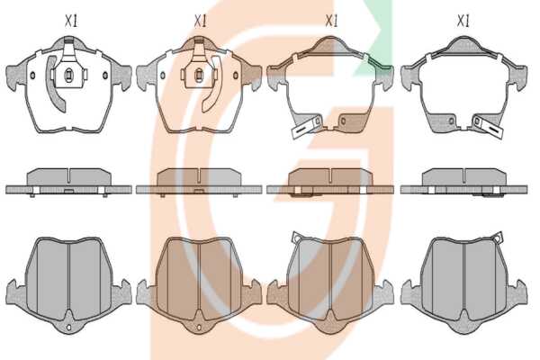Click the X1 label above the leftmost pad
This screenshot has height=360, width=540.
tap(71, 22)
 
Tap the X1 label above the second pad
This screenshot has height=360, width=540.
tap(200, 22)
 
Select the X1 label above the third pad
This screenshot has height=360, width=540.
tap(331, 22)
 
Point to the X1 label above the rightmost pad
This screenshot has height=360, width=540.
tap(463, 22)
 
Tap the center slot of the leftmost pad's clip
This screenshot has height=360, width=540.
tap(69, 75)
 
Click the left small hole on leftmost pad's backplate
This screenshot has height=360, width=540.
tap(32, 75)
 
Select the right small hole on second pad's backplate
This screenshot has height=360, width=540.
tap(236, 76)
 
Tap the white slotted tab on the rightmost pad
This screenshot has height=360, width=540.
tap(489, 127)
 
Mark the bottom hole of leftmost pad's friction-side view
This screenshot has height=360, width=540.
tap(69, 327)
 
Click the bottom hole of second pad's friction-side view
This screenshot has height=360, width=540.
tap(198, 327)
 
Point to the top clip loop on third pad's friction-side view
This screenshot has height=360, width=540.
tap(296, 237)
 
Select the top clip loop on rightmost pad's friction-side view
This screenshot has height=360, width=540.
tap(498, 237)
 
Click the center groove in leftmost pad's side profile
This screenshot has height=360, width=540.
tap(69, 175)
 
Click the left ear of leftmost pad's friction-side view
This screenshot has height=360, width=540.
tap(15, 292)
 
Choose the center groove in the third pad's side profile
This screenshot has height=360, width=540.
tap(331, 175)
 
